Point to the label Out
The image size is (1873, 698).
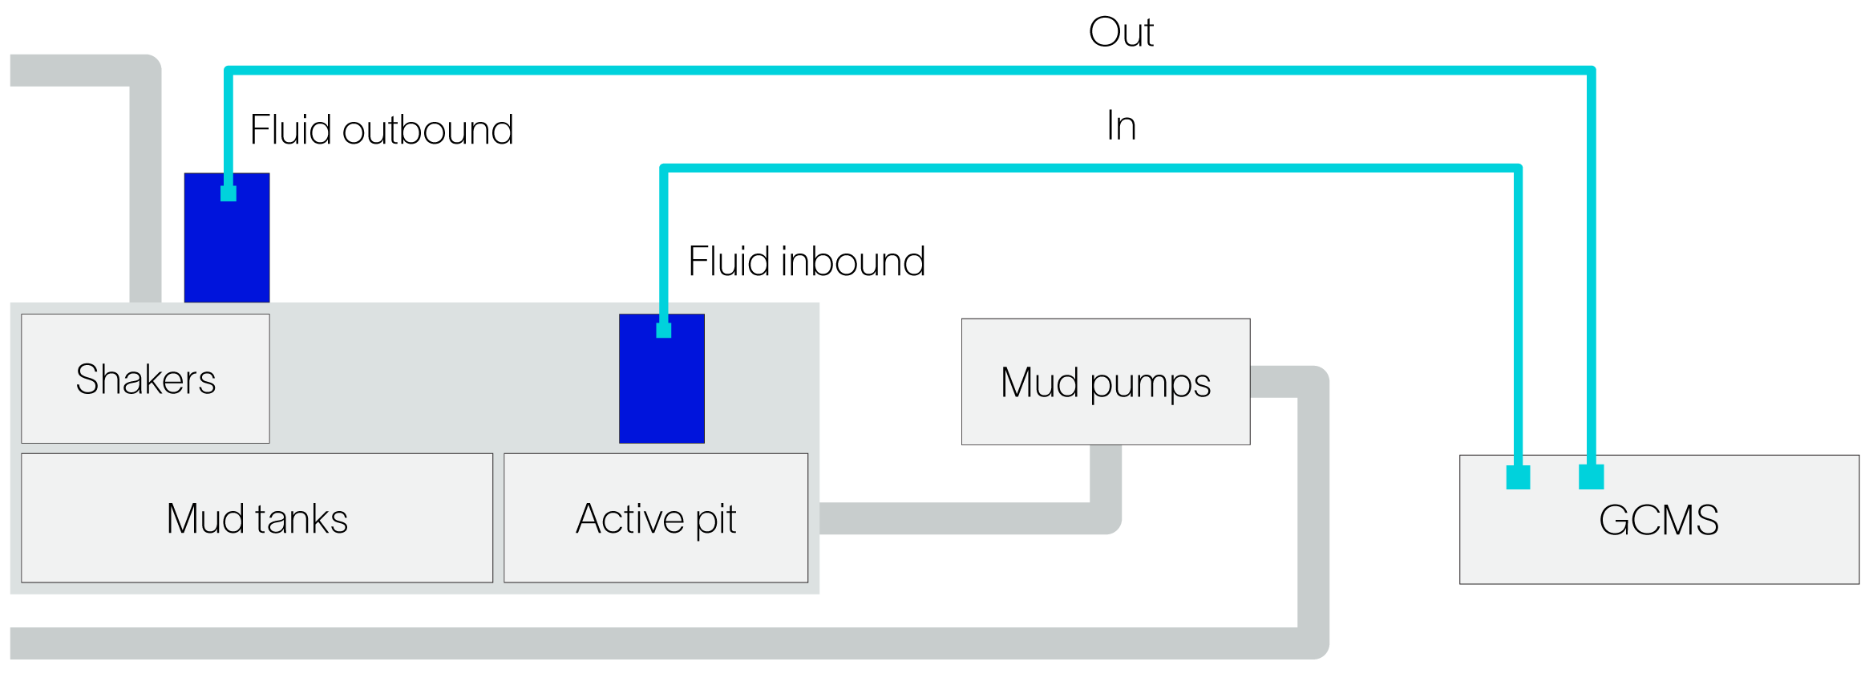click(x=1120, y=33)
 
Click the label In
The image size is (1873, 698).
click(x=1121, y=126)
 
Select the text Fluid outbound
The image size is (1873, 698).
click(x=381, y=130)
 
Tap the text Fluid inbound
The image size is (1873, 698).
click(x=806, y=262)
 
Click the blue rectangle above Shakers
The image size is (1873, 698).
click(x=227, y=249)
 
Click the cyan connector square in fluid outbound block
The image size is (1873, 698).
click(x=229, y=193)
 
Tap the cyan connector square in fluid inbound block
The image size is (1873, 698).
click(x=663, y=330)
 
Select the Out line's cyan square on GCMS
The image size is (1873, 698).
click(x=1591, y=477)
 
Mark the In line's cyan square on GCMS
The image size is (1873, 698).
click(x=1518, y=477)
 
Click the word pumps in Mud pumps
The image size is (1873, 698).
click(x=1150, y=383)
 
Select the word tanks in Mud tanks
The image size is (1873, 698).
click(x=302, y=518)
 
